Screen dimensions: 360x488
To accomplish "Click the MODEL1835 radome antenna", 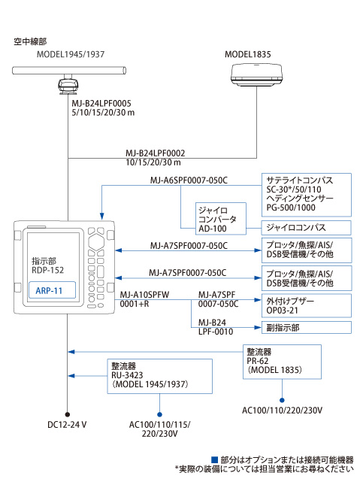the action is point(256,75).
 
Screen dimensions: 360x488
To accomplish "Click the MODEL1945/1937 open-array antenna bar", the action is point(69,71).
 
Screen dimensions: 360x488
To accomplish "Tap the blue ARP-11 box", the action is point(52,290).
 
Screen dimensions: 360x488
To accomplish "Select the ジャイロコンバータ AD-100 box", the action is point(221,219).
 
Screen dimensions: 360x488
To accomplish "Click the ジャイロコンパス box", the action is point(306,228).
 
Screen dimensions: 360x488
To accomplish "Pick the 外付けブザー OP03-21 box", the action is point(306,305).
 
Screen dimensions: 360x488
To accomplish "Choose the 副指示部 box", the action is point(306,327).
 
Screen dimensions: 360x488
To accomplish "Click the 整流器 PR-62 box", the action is point(282,362).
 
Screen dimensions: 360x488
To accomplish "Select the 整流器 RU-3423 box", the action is point(159,376).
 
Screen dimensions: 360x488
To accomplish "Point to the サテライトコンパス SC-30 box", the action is point(306,195).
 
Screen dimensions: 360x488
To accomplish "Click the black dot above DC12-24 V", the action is point(67,414).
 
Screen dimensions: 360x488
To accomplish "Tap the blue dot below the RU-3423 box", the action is point(159,414).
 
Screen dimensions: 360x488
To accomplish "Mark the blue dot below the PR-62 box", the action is point(282,400).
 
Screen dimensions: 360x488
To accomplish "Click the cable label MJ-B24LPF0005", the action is point(101,103).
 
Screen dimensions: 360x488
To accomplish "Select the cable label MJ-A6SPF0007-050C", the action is point(189,180).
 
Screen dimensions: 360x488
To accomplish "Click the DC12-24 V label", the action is point(67,425).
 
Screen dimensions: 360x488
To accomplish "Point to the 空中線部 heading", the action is point(30,41).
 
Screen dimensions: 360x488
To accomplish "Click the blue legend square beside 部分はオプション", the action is point(214,459).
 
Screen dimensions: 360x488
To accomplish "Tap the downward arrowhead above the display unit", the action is point(101,217).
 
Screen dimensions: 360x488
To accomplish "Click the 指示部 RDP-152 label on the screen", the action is point(47,265).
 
